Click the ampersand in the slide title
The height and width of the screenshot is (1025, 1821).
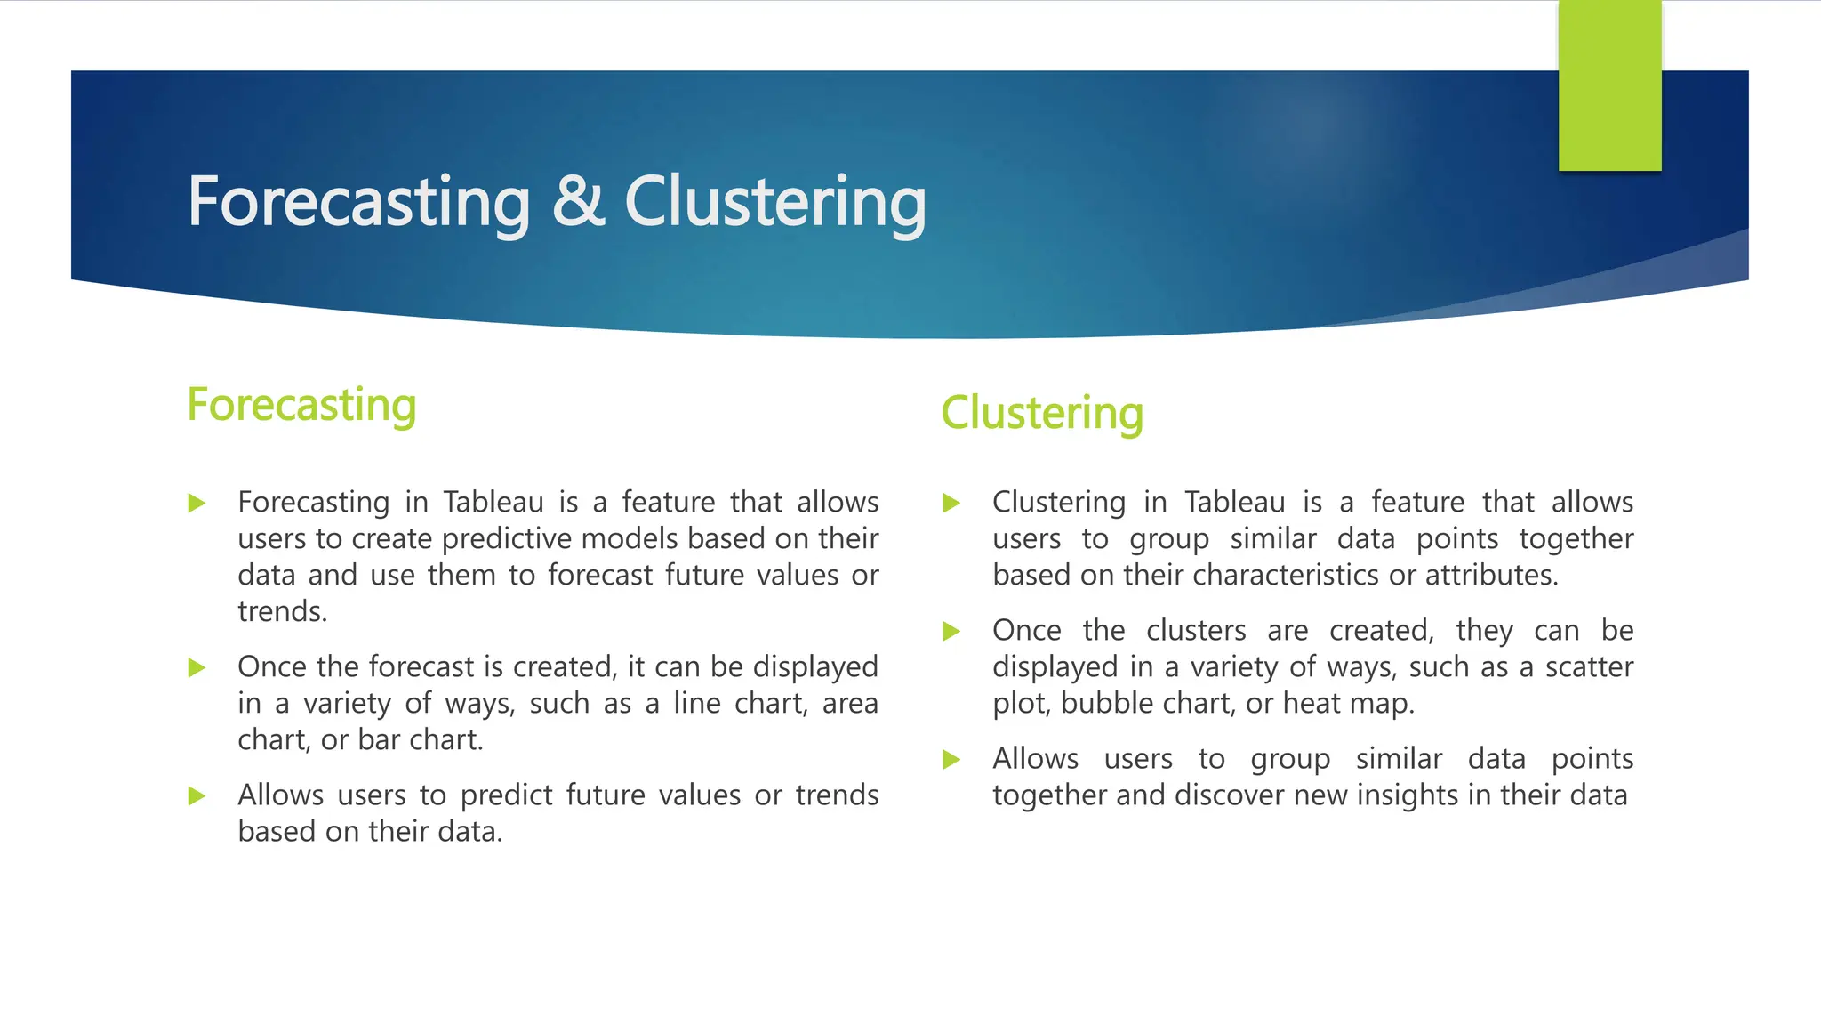(x=578, y=202)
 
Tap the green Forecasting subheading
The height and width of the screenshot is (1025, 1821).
(x=301, y=406)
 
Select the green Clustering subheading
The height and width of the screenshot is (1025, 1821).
(x=1042, y=414)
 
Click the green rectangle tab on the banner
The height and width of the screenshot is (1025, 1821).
(x=1609, y=85)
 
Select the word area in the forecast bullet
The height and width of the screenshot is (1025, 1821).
(x=850, y=704)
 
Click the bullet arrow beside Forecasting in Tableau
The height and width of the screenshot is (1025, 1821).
(x=197, y=504)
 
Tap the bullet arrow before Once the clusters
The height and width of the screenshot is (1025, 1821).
(x=952, y=632)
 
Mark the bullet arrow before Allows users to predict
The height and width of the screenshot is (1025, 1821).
(x=197, y=796)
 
